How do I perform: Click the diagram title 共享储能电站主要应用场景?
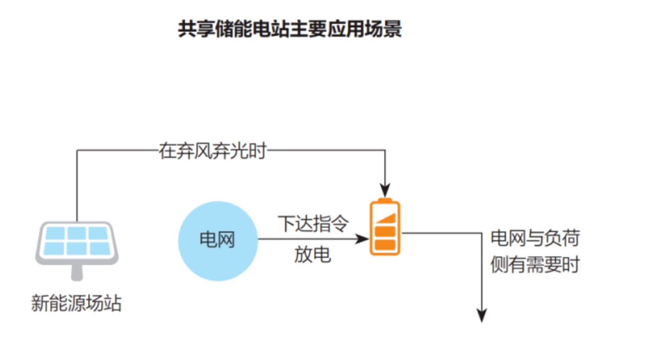point(290,29)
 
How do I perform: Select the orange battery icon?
point(385,228)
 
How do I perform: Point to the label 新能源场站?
point(76,303)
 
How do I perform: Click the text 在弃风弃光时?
point(212,151)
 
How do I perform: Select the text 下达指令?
point(313,224)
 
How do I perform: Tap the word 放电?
point(312,255)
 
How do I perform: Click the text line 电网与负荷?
point(535,238)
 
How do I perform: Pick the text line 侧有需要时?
point(535,265)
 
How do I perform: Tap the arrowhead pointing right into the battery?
point(362,239)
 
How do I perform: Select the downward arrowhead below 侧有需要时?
point(482,315)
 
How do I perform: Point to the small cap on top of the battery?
point(385,200)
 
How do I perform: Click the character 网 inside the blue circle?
point(226,240)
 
